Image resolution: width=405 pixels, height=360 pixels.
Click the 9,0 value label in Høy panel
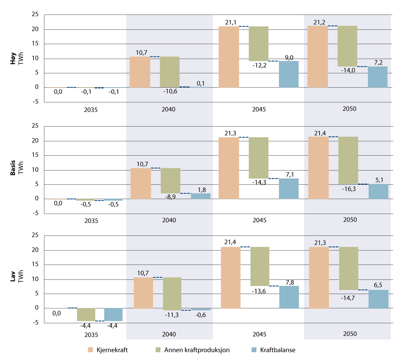pos(289,58)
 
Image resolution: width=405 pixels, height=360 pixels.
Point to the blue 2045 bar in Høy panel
pos(289,74)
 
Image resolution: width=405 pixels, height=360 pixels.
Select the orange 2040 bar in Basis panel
pos(141,183)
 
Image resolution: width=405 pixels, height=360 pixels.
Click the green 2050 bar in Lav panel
pos(349,268)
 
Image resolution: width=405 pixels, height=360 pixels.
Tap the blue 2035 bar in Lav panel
pos(113,314)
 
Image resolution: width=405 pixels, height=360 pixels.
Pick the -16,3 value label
pos(349,189)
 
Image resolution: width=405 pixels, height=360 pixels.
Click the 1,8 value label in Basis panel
pos(202,190)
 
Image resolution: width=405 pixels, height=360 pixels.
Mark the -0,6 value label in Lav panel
pos(200,315)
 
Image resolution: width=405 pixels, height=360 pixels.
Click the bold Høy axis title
pos(13,58)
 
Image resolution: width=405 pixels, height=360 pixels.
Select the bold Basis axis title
pos(13,168)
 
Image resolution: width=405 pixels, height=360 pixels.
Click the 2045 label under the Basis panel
pos(259,220)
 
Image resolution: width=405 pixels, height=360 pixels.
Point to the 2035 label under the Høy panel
pos(91,110)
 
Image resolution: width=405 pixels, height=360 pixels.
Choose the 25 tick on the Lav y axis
pos(35,235)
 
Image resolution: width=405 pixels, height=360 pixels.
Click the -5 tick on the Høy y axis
pos(35,102)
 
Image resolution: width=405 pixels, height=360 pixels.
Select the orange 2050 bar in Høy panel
pos(318,57)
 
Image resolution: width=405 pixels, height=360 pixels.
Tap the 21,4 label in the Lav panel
pos(230,242)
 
